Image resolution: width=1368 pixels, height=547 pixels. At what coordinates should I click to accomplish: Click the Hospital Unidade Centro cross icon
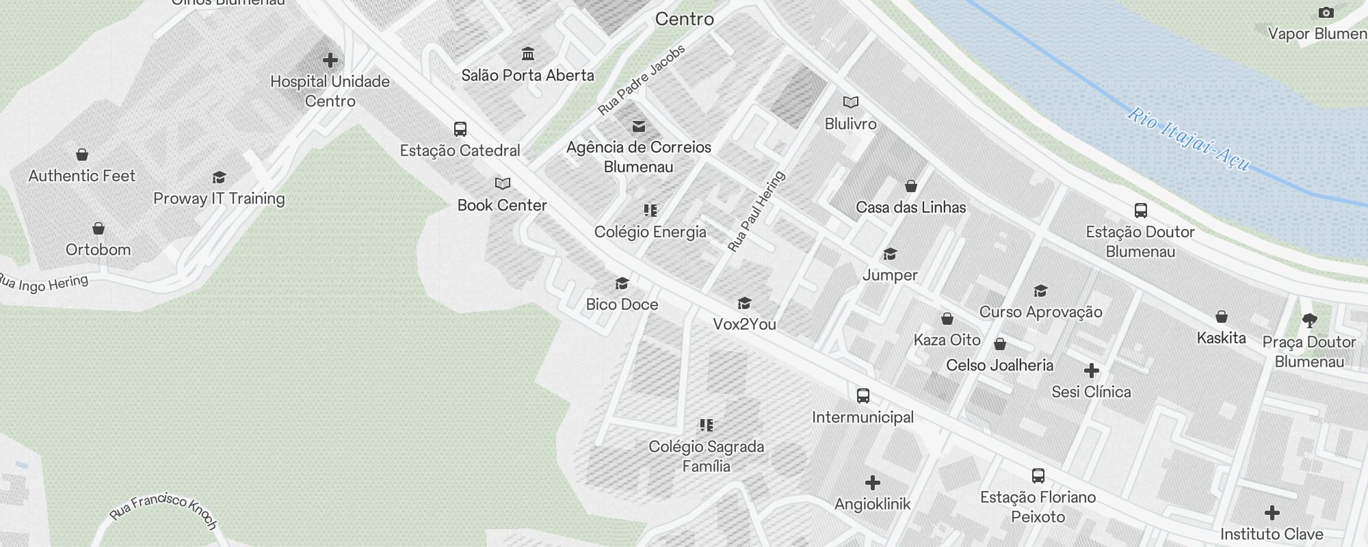point(330,60)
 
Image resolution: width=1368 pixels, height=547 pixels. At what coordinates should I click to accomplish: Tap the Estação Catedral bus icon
point(460,129)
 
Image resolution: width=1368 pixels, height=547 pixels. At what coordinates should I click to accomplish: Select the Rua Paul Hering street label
point(756,211)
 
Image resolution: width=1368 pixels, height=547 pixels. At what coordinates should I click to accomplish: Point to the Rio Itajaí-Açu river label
point(1188,139)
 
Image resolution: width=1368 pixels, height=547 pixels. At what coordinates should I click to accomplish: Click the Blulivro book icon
point(851,103)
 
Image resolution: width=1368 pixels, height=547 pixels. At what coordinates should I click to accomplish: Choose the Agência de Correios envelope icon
point(639,126)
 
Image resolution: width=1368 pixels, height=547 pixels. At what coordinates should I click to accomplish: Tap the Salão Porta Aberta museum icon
point(528,54)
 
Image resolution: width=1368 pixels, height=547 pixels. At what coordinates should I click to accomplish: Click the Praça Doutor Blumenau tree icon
point(1310,320)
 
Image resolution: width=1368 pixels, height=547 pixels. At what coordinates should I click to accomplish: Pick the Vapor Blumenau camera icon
point(1326,13)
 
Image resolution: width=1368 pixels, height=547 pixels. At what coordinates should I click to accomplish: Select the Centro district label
point(685,19)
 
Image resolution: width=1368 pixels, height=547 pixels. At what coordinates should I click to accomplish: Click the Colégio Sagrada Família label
point(707,456)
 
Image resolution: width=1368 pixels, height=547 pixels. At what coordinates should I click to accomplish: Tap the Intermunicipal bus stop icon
point(863,396)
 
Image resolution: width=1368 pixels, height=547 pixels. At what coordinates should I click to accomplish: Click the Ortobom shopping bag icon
point(98,228)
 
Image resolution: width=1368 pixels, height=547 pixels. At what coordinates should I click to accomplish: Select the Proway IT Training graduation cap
point(219,178)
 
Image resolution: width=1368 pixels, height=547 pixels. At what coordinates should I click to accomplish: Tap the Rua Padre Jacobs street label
point(641,81)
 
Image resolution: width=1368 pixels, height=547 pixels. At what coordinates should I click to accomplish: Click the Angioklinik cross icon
point(873,483)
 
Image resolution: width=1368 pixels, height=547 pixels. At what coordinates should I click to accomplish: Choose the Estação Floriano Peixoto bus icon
point(1038,476)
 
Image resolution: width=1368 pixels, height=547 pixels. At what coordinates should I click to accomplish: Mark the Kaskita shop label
point(1221,338)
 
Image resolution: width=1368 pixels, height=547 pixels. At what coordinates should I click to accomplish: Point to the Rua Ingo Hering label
point(44,283)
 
